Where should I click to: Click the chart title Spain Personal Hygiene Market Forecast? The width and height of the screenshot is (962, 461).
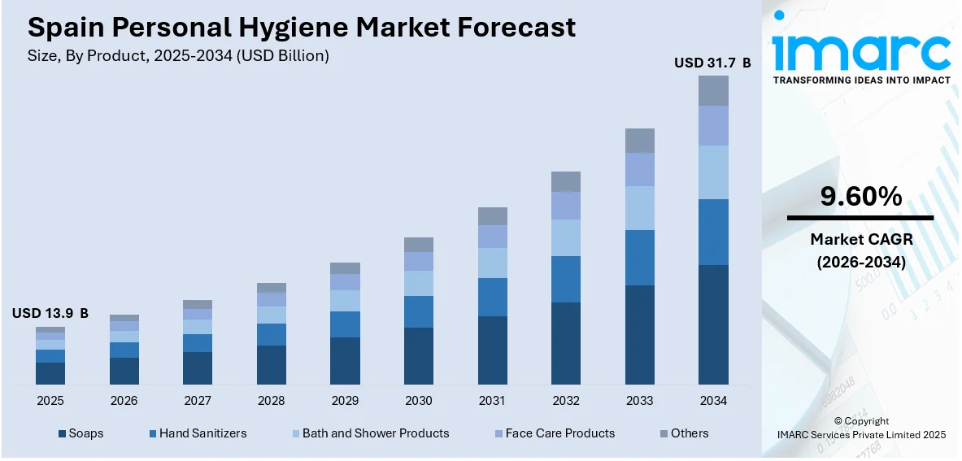tap(301, 28)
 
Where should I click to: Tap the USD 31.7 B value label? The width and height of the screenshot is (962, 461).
tap(712, 62)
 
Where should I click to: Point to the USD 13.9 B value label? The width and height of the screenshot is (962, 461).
tap(50, 313)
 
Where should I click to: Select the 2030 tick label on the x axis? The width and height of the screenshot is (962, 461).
tap(419, 401)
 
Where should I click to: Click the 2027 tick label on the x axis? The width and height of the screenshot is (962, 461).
tap(198, 401)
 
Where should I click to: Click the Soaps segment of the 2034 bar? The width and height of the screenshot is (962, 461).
tap(713, 324)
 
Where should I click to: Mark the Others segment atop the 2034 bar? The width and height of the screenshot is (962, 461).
tap(713, 90)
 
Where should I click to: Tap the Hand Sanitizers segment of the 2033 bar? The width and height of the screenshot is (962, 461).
tap(639, 257)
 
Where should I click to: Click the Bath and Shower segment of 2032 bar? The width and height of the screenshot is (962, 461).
tap(566, 237)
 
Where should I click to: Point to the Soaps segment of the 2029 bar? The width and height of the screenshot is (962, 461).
tap(345, 360)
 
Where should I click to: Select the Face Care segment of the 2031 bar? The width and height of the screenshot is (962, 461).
tap(492, 237)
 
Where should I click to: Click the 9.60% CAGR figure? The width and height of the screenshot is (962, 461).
tap(860, 197)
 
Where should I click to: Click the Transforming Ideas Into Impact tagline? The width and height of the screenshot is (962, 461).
tap(860, 80)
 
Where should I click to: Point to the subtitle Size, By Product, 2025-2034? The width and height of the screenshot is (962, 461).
tap(178, 56)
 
